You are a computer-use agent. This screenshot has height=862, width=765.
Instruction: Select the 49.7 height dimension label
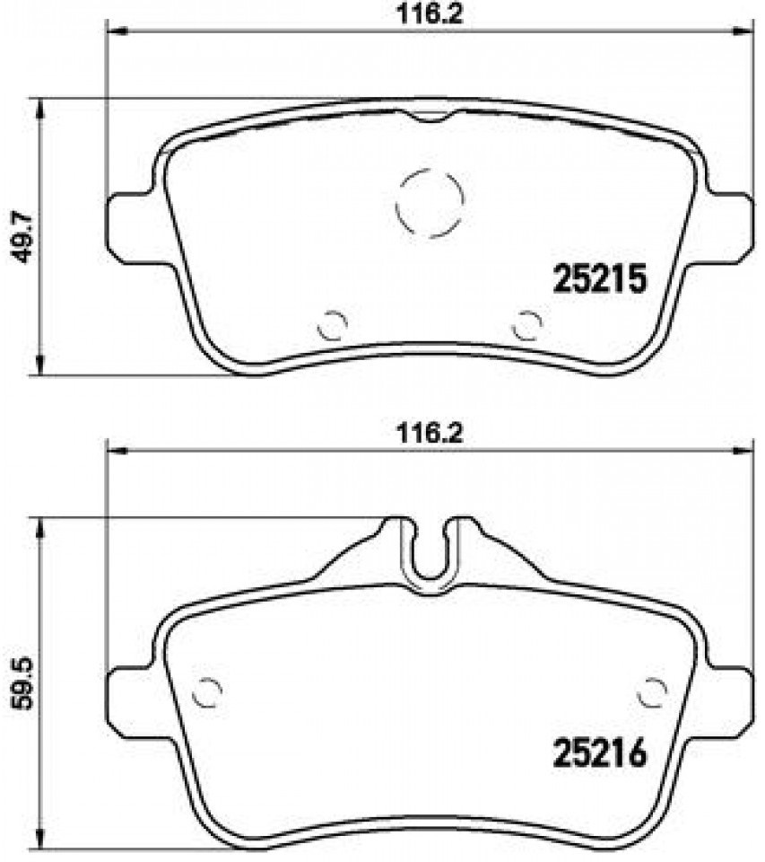coord(23,237)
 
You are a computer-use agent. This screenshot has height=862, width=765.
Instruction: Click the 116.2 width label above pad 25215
coord(430,13)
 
